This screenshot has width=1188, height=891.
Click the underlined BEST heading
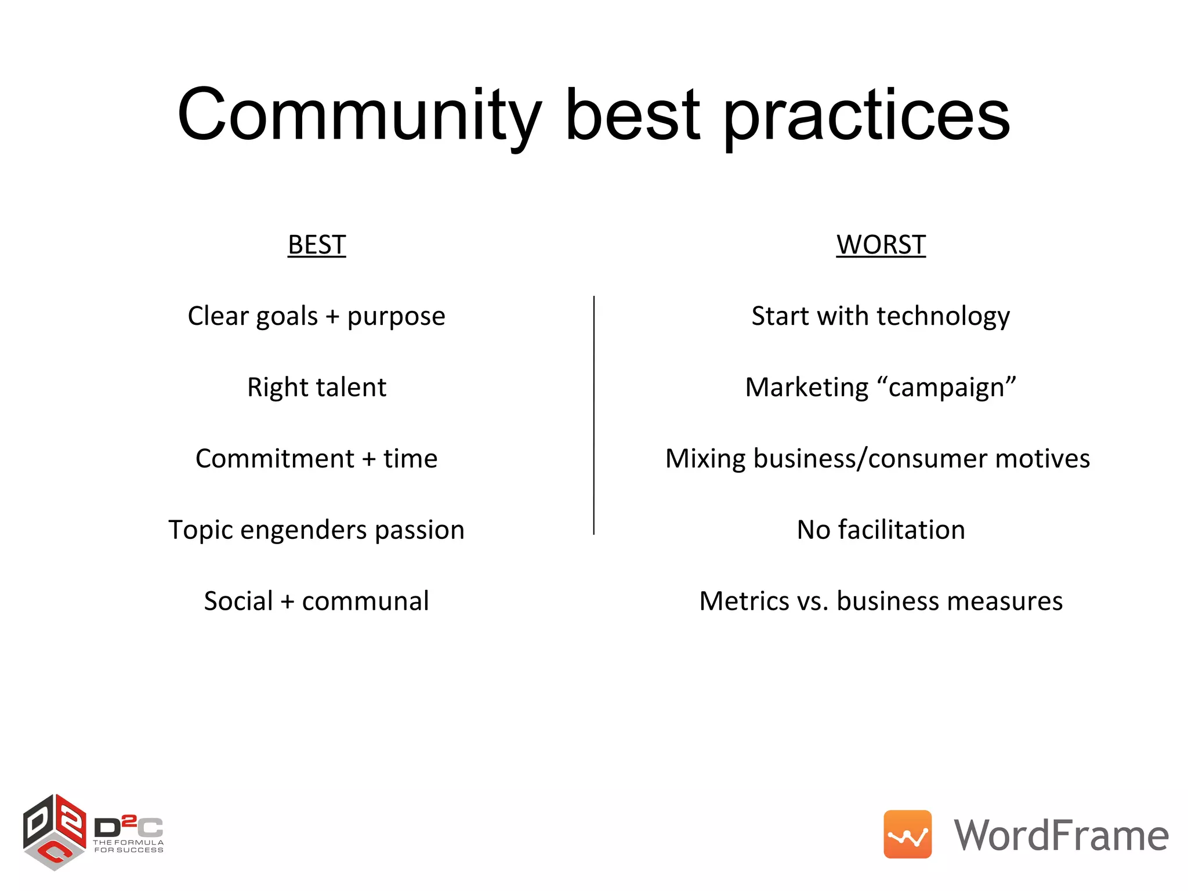(x=317, y=245)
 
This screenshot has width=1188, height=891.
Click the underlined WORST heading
(x=881, y=245)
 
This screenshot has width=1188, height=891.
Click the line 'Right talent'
(x=317, y=387)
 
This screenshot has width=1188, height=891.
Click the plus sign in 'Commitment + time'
(x=369, y=459)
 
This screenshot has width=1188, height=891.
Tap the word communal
(x=365, y=601)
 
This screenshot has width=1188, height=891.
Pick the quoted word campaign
(x=946, y=387)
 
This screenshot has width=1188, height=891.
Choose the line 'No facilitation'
(x=881, y=530)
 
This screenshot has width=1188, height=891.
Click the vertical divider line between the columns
(x=593, y=415)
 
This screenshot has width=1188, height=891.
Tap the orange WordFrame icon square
(x=907, y=834)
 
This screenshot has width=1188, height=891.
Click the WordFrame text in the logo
(x=1061, y=835)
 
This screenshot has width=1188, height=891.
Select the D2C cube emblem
(x=55, y=831)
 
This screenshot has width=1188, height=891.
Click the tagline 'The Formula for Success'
(x=129, y=846)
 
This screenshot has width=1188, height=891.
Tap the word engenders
(x=303, y=530)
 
